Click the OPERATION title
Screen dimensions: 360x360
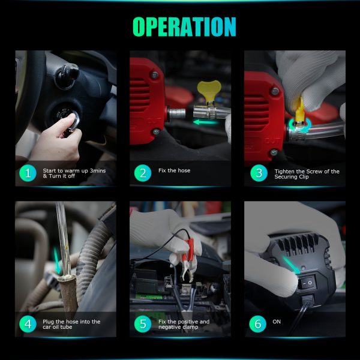[184, 27]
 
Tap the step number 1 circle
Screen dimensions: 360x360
[28, 173]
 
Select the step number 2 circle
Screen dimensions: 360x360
[143, 173]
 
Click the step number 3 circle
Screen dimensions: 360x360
[259, 173]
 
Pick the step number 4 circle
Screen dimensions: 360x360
[28, 324]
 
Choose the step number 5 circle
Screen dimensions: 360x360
[143, 324]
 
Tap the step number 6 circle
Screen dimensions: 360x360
[258, 324]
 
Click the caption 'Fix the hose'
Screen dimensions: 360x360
[174, 170]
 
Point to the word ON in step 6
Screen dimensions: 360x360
[277, 322]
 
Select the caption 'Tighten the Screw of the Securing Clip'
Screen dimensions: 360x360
[307, 174]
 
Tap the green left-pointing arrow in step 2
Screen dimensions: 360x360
[205, 122]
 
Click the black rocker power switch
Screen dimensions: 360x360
[307, 283]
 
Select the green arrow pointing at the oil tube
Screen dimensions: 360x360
[57, 260]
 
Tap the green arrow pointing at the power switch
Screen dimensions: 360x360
[291, 265]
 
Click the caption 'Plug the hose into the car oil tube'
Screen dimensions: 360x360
[71, 324]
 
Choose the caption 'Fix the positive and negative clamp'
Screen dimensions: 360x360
[184, 324]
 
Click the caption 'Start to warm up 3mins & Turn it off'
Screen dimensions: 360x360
[74, 173]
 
